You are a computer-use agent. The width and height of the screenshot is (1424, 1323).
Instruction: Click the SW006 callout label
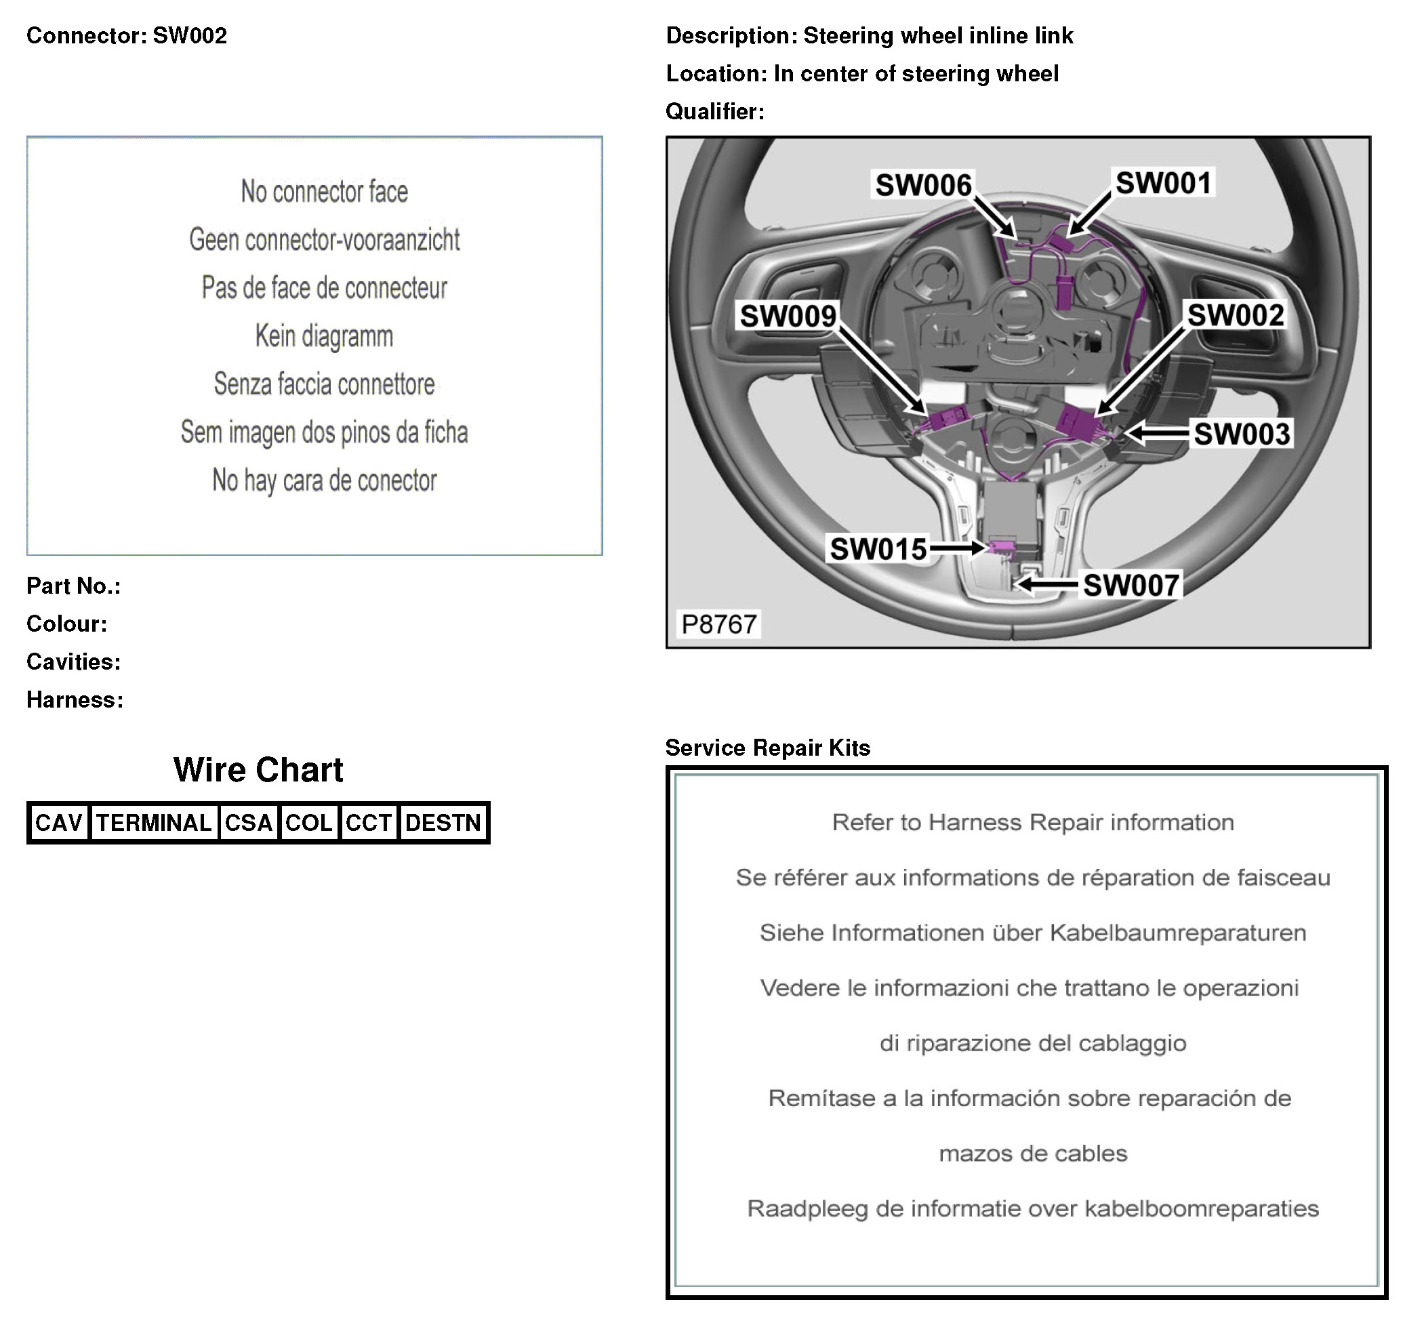tap(923, 186)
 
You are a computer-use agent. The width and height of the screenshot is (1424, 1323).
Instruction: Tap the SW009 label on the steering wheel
tap(788, 316)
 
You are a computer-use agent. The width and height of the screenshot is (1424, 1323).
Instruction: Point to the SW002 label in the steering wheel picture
tap(1235, 315)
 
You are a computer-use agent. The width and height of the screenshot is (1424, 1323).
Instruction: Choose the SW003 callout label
tap(1242, 434)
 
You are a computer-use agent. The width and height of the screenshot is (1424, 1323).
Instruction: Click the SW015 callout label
tap(878, 549)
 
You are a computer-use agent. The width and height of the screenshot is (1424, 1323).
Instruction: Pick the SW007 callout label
tap(1131, 585)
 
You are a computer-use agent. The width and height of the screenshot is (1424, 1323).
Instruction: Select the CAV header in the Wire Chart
tap(59, 823)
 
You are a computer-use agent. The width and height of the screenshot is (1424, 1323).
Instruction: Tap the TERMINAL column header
tap(154, 823)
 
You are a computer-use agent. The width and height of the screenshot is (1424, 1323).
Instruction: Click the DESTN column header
tap(443, 823)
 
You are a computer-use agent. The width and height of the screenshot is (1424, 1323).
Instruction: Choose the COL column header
tap(308, 823)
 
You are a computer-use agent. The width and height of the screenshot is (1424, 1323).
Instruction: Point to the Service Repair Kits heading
tap(767, 748)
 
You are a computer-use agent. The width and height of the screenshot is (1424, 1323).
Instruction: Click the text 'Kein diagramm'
tap(325, 335)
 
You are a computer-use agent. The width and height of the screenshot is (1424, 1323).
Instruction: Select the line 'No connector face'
tap(325, 192)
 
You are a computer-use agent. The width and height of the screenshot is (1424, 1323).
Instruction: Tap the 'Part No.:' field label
tap(74, 586)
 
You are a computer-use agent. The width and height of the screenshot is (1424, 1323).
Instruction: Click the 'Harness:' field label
tap(75, 699)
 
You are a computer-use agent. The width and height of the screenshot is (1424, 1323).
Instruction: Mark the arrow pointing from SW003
tap(1157, 432)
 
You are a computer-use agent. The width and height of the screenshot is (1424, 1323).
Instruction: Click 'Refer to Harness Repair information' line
tap(1032, 822)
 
